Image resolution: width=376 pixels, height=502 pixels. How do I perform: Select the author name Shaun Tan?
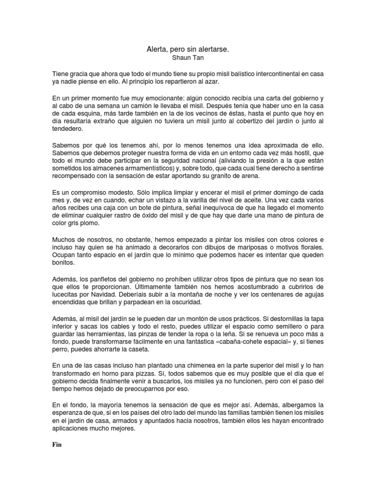(188, 57)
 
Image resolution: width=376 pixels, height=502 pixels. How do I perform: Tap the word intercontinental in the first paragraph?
(266, 73)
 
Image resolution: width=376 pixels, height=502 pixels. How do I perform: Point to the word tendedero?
(69, 129)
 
